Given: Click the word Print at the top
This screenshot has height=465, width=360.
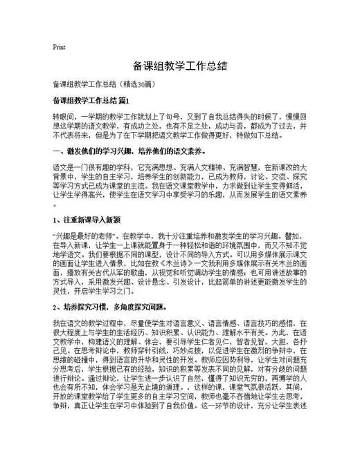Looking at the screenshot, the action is [x=59, y=47].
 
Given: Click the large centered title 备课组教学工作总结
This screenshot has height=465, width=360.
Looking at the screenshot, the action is [x=180, y=67].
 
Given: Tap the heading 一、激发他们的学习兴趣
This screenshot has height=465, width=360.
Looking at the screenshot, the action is [x=90, y=149].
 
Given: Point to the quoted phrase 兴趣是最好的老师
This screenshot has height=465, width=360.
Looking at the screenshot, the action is [x=78, y=236].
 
